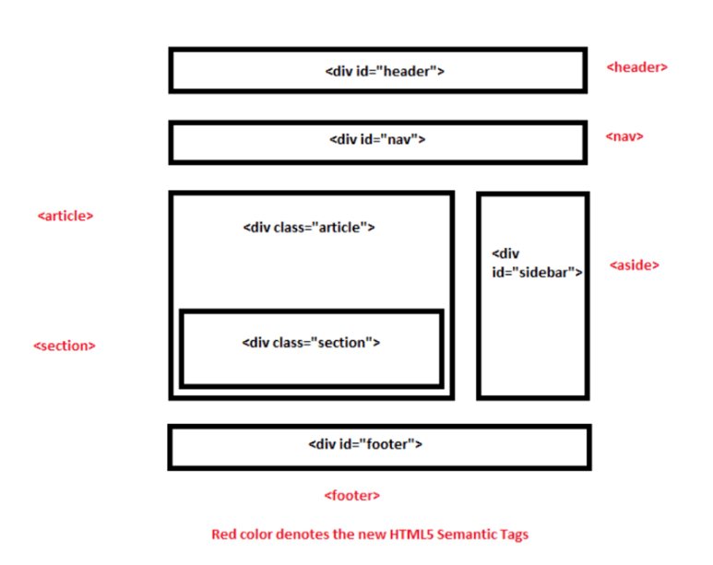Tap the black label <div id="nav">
[376, 140]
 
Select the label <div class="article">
[309, 227]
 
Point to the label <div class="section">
[311, 342]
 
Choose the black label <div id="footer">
[365, 443]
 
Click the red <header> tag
[636, 66]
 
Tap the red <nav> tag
[624, 136]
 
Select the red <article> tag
[65, 216]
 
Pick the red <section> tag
[65, 346]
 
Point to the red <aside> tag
[635, 265]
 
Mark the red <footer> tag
[351, 495]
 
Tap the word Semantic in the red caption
[469, 534]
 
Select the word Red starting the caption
[223, 534]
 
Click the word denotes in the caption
[303, 534]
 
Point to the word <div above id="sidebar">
[505, 253]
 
